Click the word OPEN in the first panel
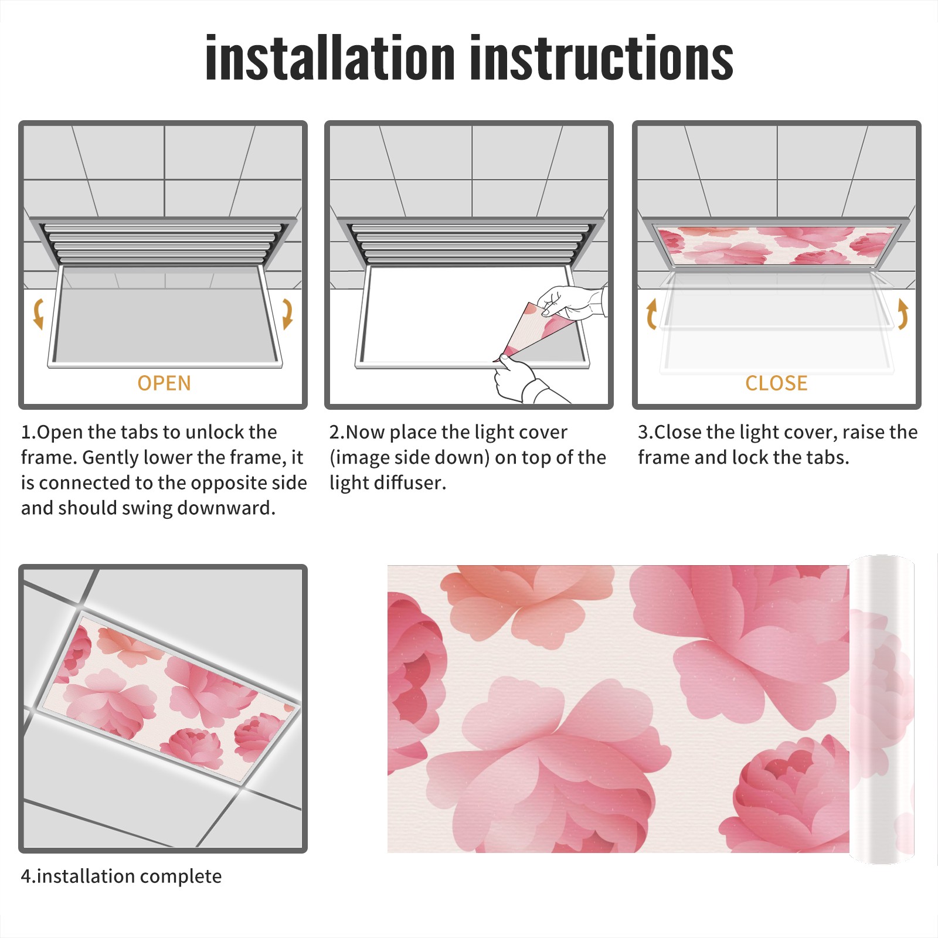(164, 383)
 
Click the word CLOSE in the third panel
(776, 383)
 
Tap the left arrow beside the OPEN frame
(39, 314)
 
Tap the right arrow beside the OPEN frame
(287, 314)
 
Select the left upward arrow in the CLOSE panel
(651, 314)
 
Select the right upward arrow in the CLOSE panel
(903, 314)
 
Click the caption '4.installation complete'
(121, 876)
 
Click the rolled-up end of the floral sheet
(882, 709)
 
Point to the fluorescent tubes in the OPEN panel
(164, 243)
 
